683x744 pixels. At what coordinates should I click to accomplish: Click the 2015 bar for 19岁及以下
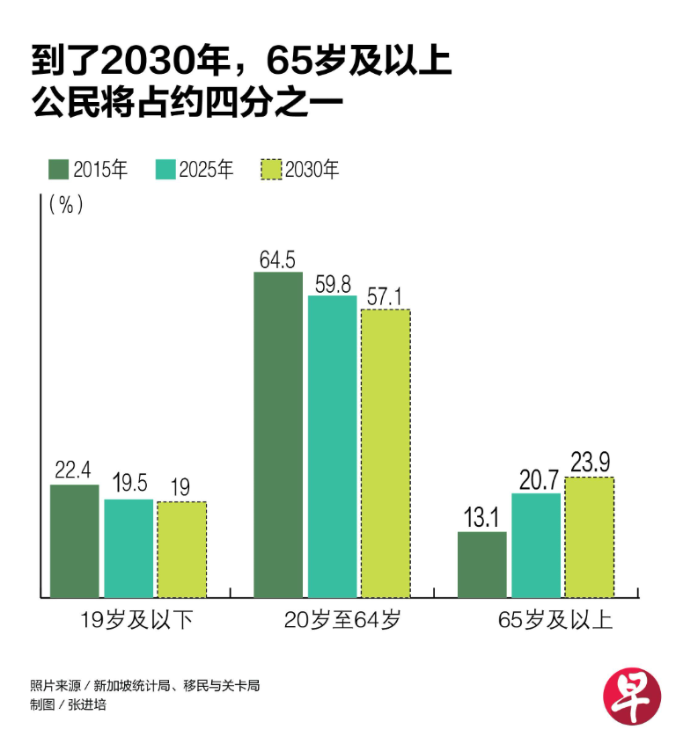pyautogui.click(x=75, y=541)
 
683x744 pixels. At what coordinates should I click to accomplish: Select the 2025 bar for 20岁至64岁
pyautogui.click(x=333, y=447)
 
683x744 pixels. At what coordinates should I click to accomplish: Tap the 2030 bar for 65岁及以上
pyautogui.click(x=589, y=537)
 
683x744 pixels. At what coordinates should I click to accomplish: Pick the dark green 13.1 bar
pyautogui.click(x=482, y=565)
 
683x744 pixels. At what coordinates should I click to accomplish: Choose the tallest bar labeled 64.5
pyautogui.click(x=278, y=435)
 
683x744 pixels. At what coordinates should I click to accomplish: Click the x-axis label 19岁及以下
pyautogui.click(x=129, y=621)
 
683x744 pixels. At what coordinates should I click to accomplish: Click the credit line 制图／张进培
pyautogui.click(x=68, y=704)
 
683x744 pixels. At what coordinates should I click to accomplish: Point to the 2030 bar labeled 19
pyautogui.click(x=181, y=550)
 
